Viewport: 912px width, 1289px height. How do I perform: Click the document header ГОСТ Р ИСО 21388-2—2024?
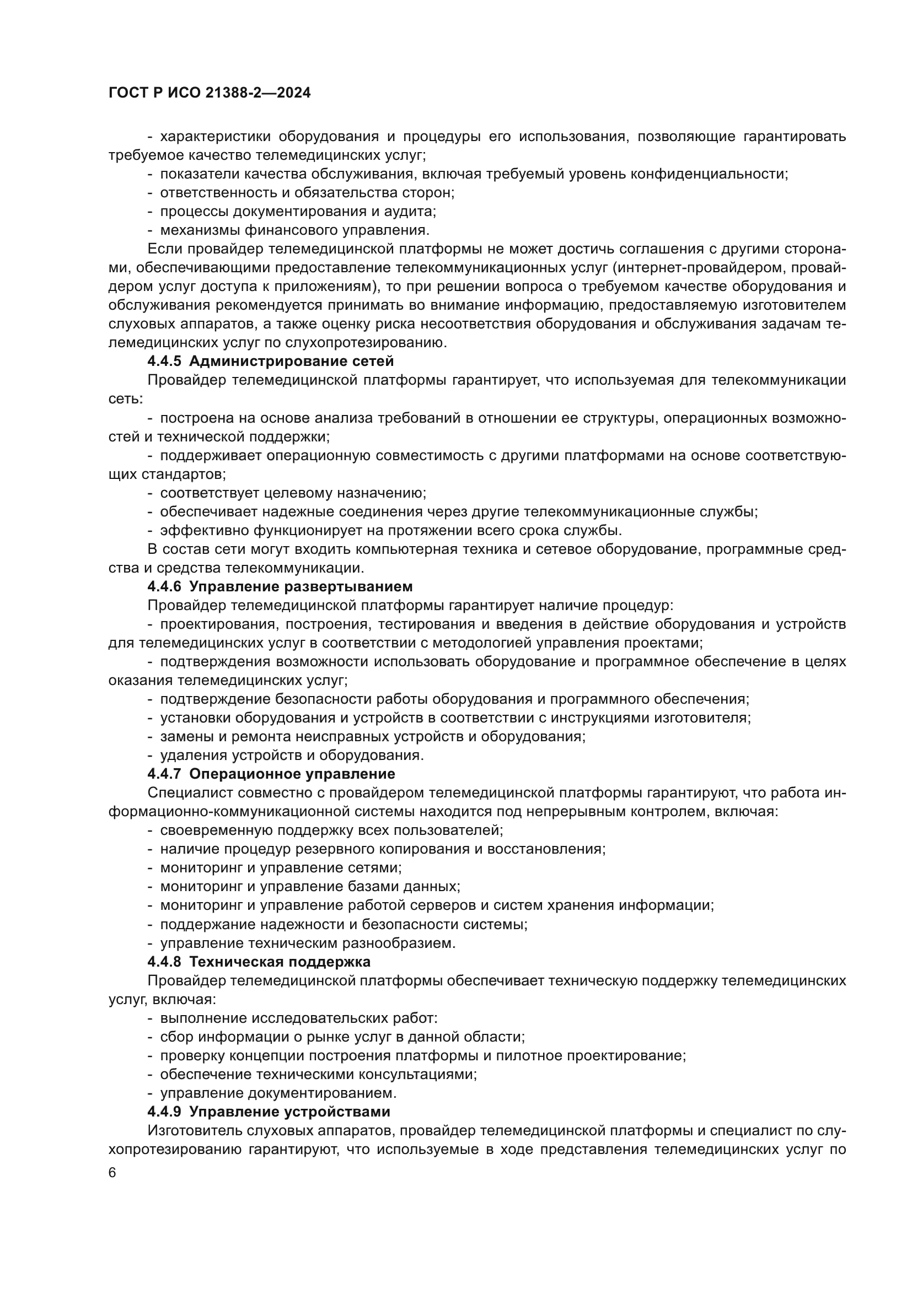tap(210, 93)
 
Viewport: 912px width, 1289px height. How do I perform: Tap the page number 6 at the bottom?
tap(112, 1173)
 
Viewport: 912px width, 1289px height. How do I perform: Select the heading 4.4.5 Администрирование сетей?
tap(271, 361)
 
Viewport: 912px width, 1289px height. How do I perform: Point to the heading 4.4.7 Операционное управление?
tap(271, 774)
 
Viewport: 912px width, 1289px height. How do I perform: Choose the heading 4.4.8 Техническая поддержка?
tap(259, 962)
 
